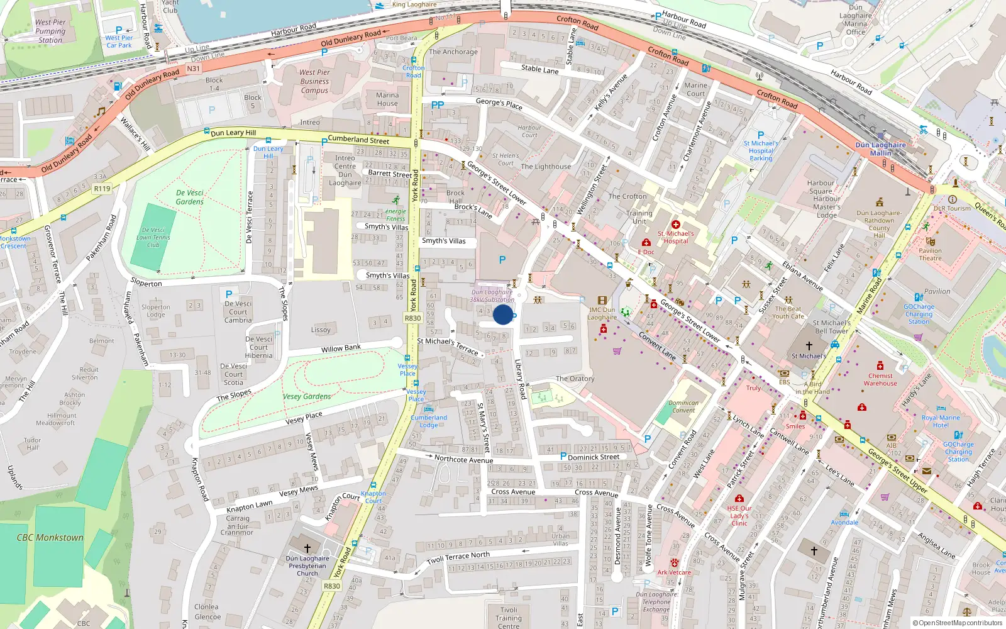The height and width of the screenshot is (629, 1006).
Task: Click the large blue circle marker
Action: point(503,314)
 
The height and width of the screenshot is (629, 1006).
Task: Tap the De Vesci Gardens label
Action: point(190,198)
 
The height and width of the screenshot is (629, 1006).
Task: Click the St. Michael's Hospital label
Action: point(676,237)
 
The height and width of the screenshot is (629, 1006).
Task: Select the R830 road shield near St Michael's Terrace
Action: point(412,318)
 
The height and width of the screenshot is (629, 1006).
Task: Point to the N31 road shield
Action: point(194,69)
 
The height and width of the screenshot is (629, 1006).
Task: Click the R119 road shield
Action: point(102,188)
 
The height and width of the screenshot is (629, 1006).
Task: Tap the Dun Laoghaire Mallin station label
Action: point(880,149)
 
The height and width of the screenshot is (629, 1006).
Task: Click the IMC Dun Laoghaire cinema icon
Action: point(602,301)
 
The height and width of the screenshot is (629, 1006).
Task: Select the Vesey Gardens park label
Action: point(307,396)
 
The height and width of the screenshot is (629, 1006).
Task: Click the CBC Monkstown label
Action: point(50,538)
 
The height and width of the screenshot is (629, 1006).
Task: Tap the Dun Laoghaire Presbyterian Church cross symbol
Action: point(307,548)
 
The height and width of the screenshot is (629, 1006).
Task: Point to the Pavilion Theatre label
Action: point(930,254)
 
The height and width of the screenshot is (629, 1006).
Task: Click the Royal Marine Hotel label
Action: point(941,421)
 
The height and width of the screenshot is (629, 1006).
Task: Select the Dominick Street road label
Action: point(594,457)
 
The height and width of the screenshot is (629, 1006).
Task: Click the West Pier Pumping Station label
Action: point(50,31)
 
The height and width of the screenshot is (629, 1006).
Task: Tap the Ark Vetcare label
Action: point(674,572)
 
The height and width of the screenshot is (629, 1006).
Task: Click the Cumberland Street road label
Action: point(358,140)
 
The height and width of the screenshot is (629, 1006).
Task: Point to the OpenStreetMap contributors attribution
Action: point(957,623)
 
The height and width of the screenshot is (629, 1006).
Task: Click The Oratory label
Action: point(575,379)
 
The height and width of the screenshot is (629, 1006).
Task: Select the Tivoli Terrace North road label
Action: point(458,557)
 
